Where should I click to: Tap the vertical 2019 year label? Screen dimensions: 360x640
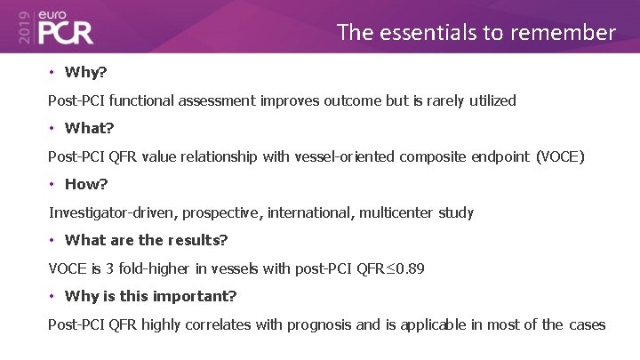[x=22, y=27]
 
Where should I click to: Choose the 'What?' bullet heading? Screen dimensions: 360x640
[x=89, y=128]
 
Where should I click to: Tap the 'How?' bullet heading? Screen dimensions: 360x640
[x=85, y=184]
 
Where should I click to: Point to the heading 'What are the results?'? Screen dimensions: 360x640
[x=146, y=240]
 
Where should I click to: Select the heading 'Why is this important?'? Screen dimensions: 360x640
[x=150, y=296]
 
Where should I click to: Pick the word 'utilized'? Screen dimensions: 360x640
[x=489, y=100]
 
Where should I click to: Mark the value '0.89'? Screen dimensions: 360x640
[x=409, y=268]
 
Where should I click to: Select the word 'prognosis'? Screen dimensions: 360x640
[x=320, y=324]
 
